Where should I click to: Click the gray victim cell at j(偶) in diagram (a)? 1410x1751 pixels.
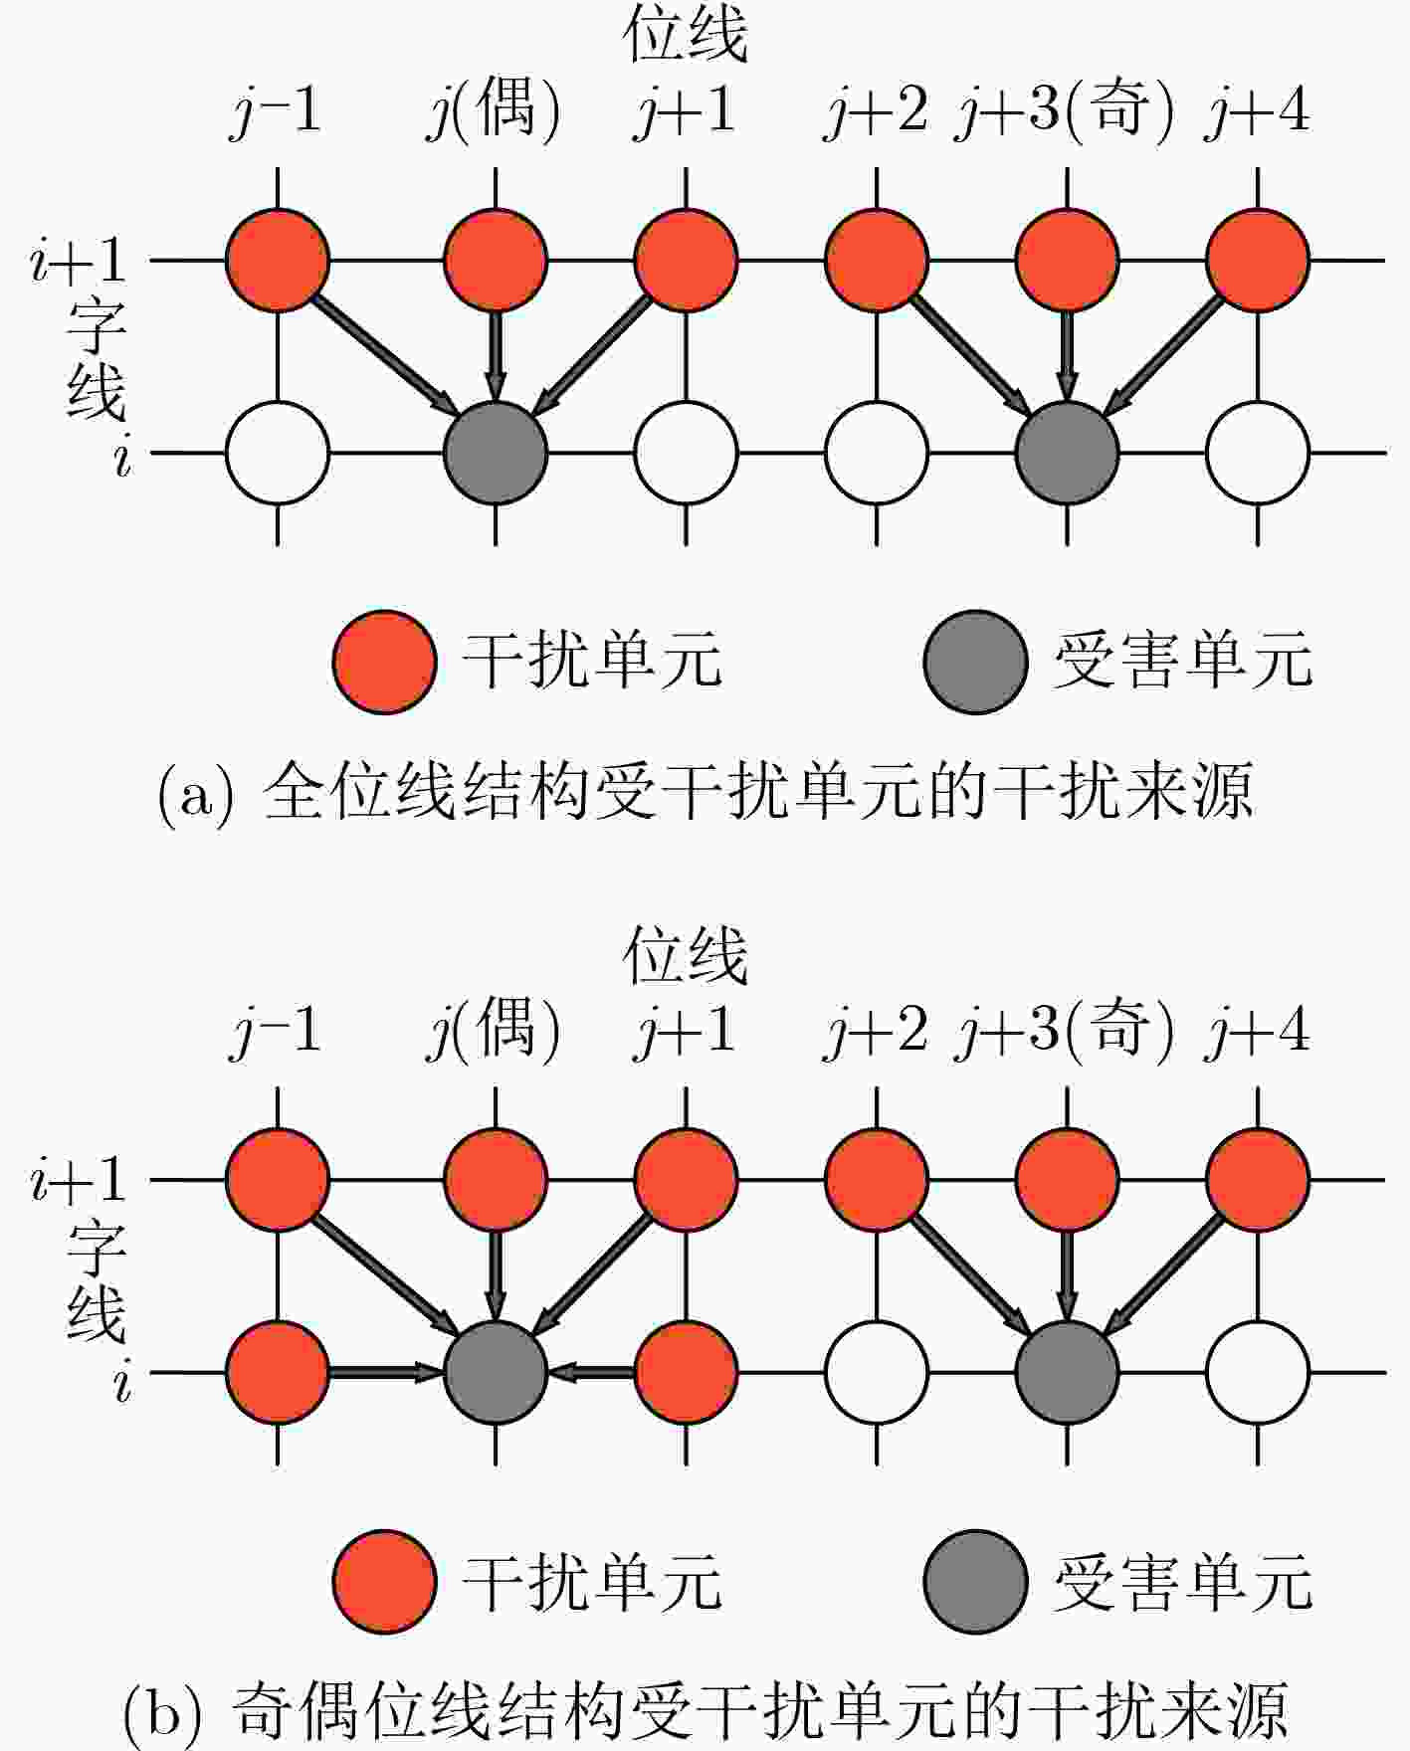(x=496, y=453)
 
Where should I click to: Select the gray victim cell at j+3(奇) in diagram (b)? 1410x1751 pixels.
(x=1067, y=1373)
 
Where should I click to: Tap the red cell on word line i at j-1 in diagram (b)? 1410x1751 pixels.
(x=278, y=1373)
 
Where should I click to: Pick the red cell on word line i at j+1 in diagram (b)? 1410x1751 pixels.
(x=686, y=1373)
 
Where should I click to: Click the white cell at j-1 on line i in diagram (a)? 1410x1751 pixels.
(x=278, y=453)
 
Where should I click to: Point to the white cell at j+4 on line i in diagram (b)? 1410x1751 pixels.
(x=1258, y=1373)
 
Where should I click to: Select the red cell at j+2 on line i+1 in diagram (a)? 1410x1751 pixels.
(x=877, y=261)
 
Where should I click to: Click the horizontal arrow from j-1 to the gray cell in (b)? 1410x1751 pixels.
(x=386, y=1373)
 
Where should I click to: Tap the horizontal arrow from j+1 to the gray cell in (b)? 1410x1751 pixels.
(x=591, y=1373)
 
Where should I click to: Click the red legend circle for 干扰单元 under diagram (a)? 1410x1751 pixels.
(x=384, y=662)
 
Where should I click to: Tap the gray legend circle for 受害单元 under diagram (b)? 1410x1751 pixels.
(x=975, y=1581)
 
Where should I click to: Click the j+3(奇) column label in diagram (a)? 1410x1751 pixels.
(x=1064, y=111)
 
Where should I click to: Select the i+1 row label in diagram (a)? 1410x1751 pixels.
(x=79, y=262)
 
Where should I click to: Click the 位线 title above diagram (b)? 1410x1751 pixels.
(x=686, y=957)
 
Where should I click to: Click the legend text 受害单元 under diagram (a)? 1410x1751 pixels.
(x=1184, y=661)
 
